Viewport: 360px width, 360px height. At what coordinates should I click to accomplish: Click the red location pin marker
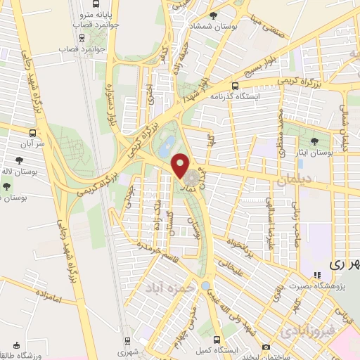point(181,165)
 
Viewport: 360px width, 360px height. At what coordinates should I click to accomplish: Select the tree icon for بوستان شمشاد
point(223,15)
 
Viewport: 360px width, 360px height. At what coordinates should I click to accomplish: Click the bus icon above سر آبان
point(32,132)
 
